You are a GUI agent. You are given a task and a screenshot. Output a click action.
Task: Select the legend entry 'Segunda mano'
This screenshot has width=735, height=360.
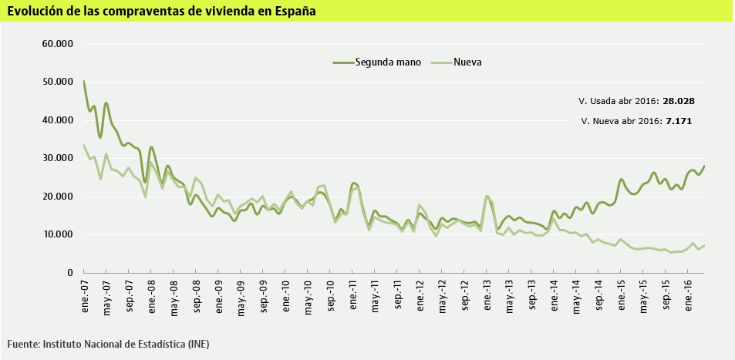tap(387, 62)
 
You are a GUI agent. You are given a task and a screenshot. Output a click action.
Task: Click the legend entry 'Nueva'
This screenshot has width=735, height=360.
tap(467, 62)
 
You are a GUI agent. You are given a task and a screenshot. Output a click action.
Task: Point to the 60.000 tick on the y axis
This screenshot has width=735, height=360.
tap(57, 44)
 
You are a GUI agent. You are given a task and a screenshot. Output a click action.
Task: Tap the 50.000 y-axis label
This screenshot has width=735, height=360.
tap(57, 82)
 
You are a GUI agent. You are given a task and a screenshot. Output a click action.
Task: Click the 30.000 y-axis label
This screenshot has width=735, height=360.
tap(57, 158)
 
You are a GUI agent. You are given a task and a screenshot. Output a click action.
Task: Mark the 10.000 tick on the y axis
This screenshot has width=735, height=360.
tap(57, 234)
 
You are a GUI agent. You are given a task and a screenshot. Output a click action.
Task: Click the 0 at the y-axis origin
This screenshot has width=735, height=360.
tap(69, 273)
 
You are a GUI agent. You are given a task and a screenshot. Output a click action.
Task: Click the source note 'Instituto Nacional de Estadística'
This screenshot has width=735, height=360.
tap(126, 343)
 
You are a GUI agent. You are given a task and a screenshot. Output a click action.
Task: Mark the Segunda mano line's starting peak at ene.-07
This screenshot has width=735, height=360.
tap(84, 82)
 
